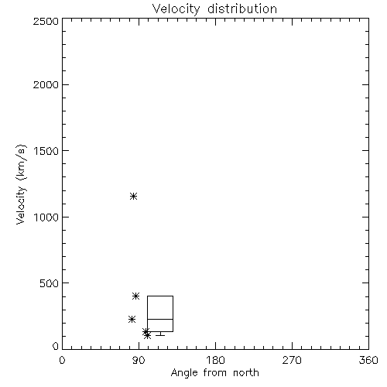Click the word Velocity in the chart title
click(x=176, y=9)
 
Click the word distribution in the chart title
click(x=242, y=9)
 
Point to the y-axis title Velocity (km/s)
click(x=21, y=184)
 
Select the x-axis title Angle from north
click(x=215, y=373)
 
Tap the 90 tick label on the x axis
click(x=139, y=360)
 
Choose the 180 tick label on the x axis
click(x=215, y=360)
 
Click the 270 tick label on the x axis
click(x=292, y=360)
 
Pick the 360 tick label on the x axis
click(x=368, y=360)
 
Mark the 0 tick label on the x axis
click(x=62, y=360)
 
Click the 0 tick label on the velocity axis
click(x=56, y=346)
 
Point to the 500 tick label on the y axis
click(x=50, y=283)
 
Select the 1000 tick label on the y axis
click(x=46, y=217)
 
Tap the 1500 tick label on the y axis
click(x=46, y=151)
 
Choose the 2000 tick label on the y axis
click(x=46, y=85)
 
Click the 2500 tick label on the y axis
click(x=46, y=21)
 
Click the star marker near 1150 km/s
click(x=133, y=197)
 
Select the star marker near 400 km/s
click(x=136, y=296)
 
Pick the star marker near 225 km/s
click(x=132, y=320)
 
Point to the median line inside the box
click(x=160, y=319)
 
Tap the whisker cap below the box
click(x=160, y=335)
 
